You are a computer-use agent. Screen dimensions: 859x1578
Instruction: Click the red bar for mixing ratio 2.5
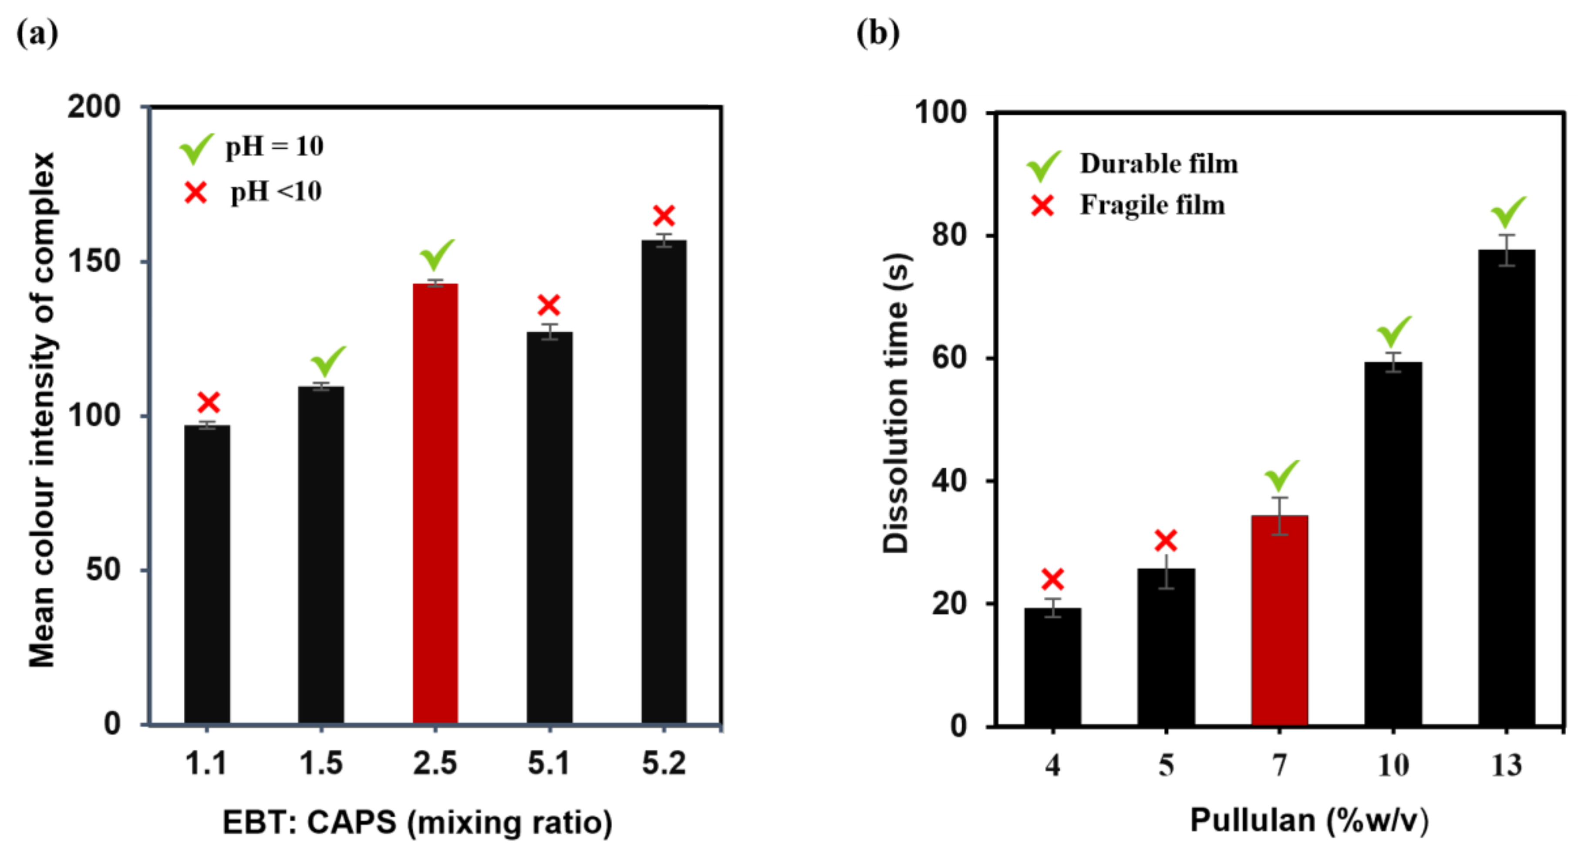click(435, 502)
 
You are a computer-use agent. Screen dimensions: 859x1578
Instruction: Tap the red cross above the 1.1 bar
click(208, 402)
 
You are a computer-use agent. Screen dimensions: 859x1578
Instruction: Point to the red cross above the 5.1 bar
click(549, 304)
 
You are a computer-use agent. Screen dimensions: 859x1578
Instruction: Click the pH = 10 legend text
click(274, 146)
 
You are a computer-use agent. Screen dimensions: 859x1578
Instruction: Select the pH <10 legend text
click(276, 192)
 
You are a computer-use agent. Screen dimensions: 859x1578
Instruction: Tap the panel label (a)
click(37, 33)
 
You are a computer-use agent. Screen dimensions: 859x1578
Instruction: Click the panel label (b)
click(877, 33)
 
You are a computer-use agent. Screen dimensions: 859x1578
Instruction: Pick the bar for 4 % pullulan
click(1052, 666)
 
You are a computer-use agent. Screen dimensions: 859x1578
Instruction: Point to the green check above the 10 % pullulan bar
click(1394, 331)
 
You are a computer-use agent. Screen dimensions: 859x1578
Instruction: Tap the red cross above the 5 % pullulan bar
click(1166, 541)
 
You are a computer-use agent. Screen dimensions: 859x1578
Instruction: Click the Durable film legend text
click(1158, 164)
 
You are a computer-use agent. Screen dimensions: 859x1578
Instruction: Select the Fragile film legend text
click(1152, 205)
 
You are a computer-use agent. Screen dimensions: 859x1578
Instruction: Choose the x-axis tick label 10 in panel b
click(1393, 765)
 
